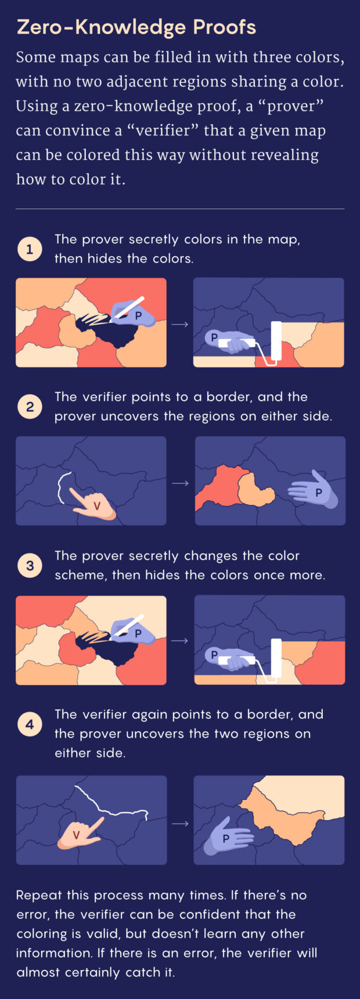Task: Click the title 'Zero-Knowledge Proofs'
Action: point(136,27)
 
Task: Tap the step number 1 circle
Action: point(30,250)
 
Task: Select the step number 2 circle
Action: point(30,407)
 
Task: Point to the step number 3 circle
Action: point(30,566)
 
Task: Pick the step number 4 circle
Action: point(30,725)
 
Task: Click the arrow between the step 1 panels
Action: point(180,324)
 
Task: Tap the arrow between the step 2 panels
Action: point(180,483)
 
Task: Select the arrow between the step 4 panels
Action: point(180,823)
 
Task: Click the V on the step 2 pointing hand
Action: point(97,506)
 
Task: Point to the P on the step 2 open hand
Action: point(318,492)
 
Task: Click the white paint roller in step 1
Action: point(276,343)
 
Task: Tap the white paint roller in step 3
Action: point(276,659)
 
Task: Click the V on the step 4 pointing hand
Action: point(76,835)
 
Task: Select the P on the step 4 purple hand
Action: point(226,838)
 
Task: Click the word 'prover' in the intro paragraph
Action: point(301,106)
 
